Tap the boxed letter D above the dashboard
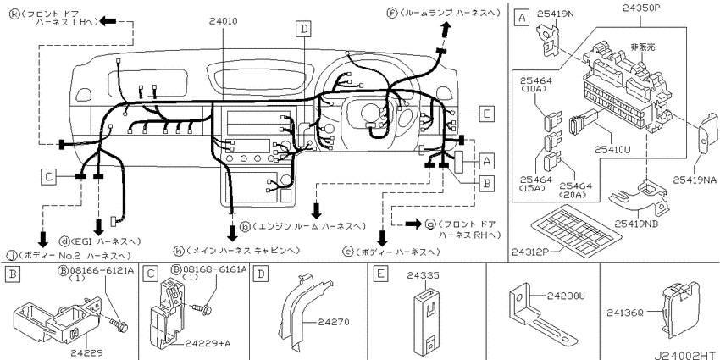303,30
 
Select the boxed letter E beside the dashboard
486,113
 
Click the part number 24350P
642,8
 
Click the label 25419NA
695,180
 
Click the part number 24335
424,275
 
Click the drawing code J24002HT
686,355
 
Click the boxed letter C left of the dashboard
47,176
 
